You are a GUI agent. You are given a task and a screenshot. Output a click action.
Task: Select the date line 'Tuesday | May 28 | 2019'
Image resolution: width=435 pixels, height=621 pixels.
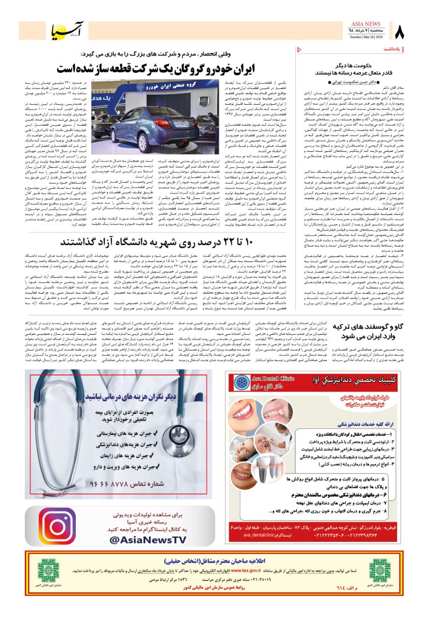point(366,37)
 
